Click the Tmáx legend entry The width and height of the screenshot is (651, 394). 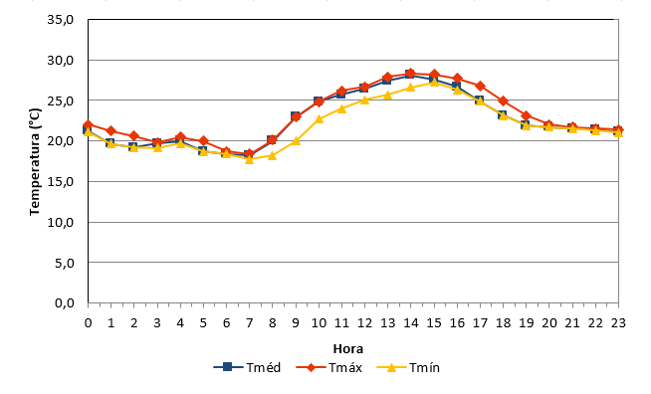(328, 367)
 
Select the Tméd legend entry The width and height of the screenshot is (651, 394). (247, 367)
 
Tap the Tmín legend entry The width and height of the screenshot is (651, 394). (408, 367)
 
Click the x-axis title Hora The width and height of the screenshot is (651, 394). (348, 349)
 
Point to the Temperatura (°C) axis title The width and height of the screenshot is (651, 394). (35, 161)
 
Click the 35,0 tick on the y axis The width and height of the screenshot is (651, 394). (60, 20)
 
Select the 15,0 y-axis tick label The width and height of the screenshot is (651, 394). (60, 181)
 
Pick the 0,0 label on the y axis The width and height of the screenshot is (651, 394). (65, 303)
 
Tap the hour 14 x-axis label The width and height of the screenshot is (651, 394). (411, 323)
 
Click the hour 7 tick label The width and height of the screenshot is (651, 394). (249, 323)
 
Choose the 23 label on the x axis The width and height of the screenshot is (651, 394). (618, 323)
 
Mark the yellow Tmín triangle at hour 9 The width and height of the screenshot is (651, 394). (296, 140)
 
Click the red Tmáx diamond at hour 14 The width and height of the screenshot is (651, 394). (411, 74)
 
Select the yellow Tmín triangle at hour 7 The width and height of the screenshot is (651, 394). (249, 159)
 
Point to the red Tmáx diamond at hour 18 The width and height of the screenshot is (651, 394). (504, 100)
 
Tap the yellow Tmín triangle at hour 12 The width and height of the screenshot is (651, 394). (364, 99)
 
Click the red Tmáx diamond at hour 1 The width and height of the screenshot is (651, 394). (110, 131)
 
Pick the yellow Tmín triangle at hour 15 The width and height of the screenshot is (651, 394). (434, 83)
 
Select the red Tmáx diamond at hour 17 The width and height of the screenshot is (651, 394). (480, 86)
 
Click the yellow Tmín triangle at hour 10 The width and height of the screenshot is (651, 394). (319, 119)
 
